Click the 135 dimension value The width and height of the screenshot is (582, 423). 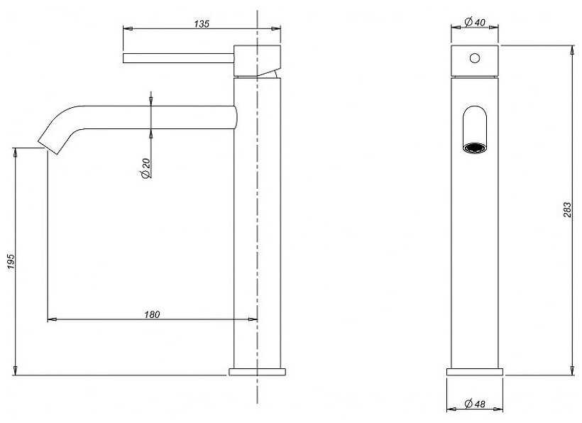[202, 23]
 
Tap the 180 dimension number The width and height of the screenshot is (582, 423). [152, 314]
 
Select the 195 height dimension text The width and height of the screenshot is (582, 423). [11, 262]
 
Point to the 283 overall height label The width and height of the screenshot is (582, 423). [568, 209]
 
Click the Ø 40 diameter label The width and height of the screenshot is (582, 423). [474, 23]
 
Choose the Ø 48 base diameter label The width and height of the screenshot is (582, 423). [475, 404]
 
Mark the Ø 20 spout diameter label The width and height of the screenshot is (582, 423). [145, 168]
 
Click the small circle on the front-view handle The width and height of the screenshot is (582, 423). [474, 58]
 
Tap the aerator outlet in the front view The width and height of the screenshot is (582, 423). [475, 148]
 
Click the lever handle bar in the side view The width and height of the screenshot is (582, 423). [179, 58]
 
